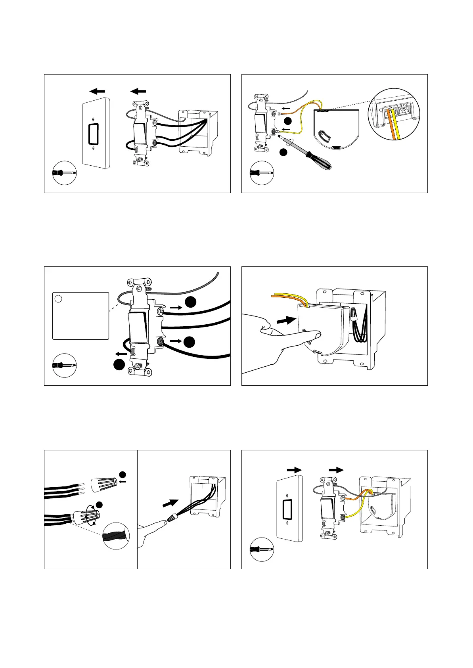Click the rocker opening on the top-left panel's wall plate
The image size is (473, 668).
click(93, 134)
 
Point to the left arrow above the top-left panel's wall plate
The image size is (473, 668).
click(97, 91)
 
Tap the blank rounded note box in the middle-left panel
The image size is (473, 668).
click(81, 316)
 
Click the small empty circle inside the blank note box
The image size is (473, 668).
click(58, 299)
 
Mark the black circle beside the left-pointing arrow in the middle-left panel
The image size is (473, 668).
click(119, 365)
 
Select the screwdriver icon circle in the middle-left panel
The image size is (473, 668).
click(64, 365)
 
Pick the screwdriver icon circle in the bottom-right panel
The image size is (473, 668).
click(262, 549)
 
